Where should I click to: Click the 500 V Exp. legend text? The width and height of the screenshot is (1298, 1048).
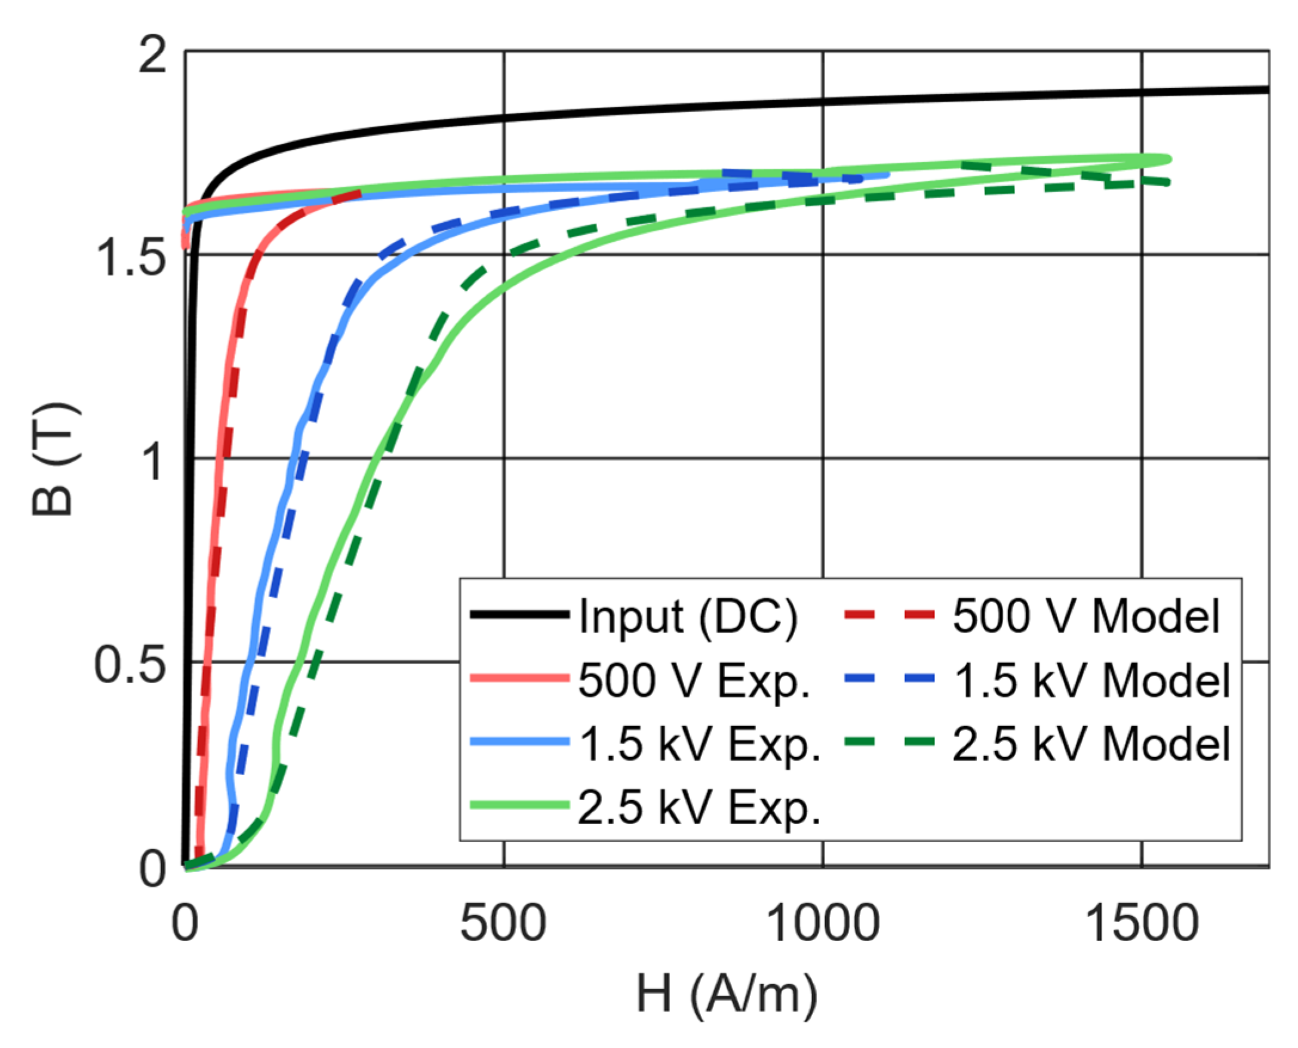(694, 680)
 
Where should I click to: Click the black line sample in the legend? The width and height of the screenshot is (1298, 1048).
(519, 615)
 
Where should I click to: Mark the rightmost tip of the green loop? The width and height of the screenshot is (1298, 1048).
(1170, 159)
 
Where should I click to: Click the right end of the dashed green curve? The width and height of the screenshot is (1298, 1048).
(1168, 182)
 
